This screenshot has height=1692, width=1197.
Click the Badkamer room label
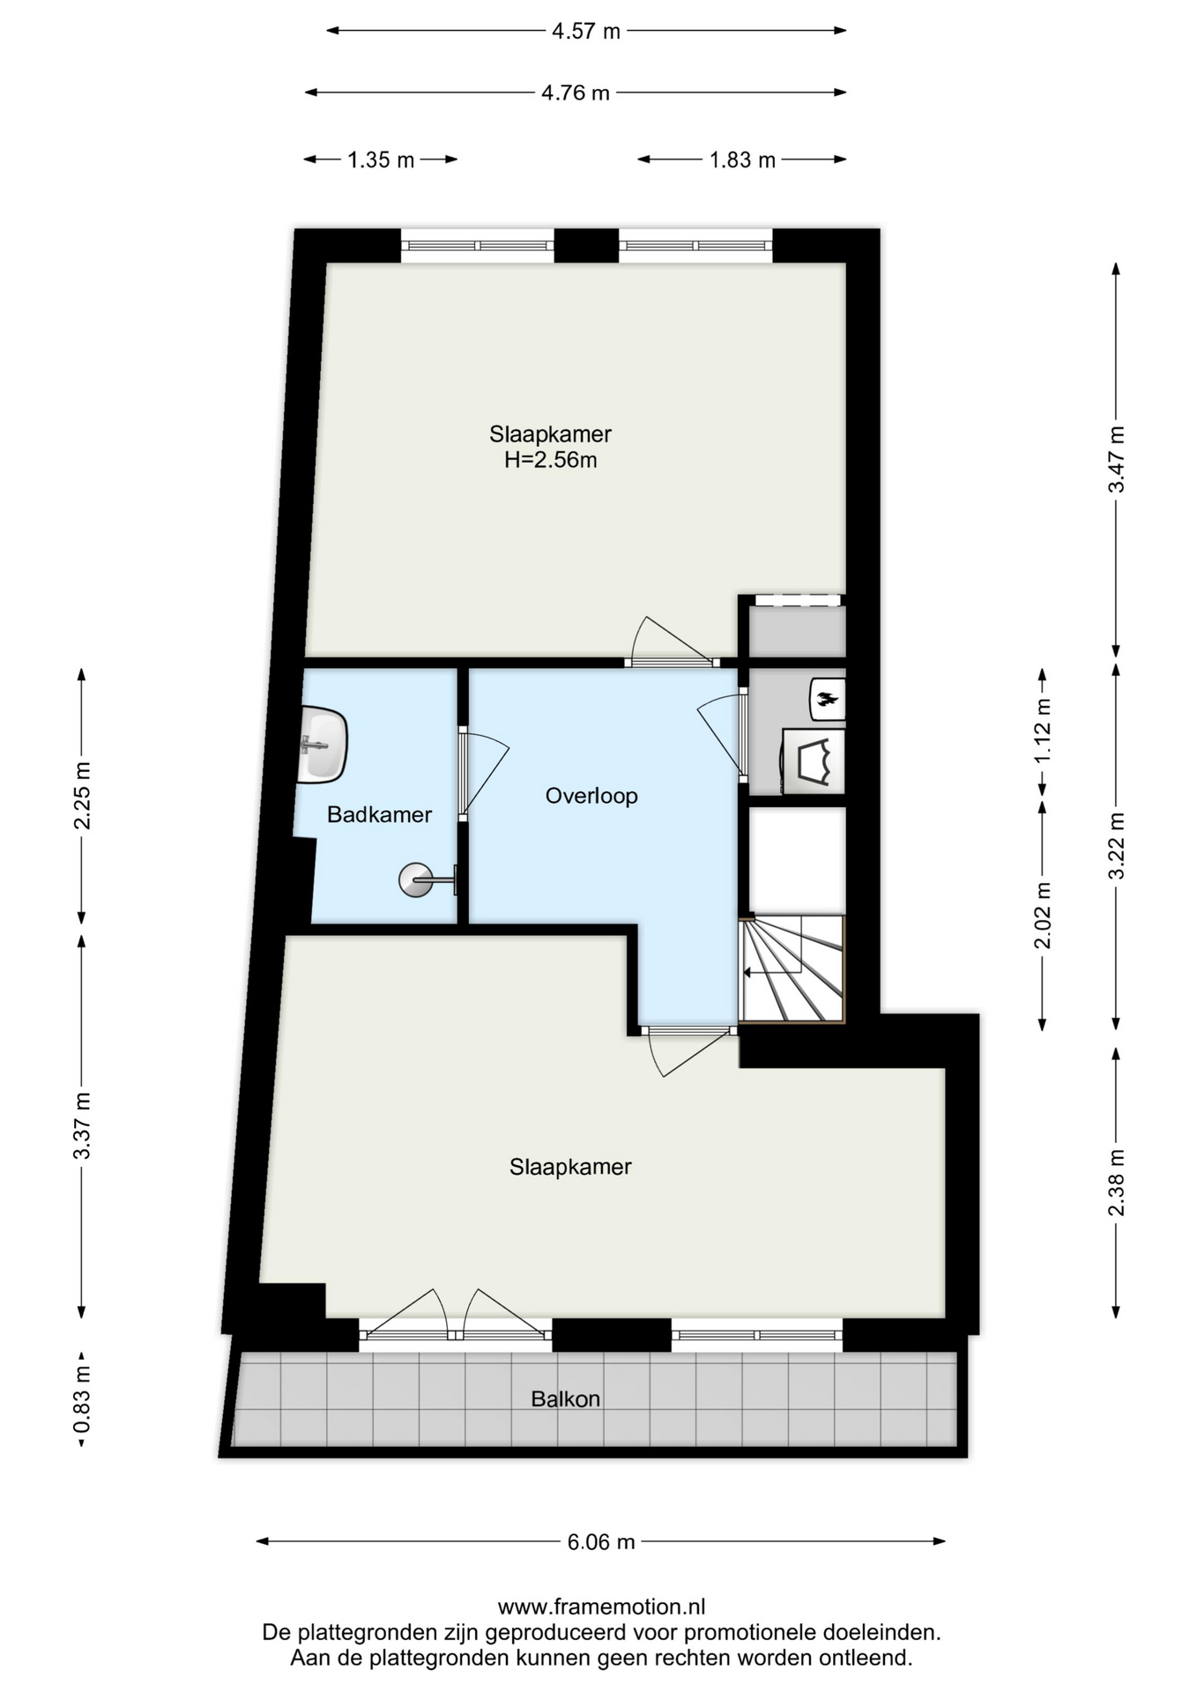379,814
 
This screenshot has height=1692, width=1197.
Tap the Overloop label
591,796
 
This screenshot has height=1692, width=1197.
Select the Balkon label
566,1399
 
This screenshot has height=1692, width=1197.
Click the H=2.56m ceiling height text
551,459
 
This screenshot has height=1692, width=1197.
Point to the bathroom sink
323,745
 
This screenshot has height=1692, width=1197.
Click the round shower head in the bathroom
416,879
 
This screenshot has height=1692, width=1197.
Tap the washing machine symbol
814,761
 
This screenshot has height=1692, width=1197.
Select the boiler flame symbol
827,700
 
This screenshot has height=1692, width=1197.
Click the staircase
792,969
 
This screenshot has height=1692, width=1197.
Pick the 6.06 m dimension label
601,1541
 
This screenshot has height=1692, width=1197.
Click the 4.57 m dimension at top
586,31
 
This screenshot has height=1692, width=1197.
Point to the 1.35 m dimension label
381,160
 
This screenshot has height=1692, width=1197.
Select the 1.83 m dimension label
742,160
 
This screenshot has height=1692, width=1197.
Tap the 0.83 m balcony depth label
81,1399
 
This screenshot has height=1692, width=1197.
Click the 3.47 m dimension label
1117,460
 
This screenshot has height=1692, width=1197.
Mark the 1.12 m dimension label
1043,731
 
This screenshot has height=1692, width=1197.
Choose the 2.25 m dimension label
81,796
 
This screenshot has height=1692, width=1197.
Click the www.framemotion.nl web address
601,1607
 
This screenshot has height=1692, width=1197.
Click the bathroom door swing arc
494,775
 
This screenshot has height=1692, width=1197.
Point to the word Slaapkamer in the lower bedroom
570,1167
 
